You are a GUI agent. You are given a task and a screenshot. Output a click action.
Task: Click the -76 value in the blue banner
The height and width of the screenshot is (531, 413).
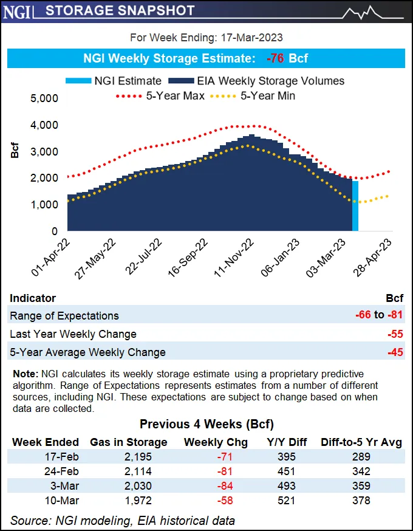276,59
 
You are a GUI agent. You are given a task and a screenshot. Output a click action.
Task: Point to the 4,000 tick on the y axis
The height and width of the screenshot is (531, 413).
44,125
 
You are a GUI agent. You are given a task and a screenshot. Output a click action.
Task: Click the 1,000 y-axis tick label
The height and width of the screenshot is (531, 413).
44,205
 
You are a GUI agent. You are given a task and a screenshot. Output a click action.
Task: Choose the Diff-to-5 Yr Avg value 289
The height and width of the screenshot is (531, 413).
361,457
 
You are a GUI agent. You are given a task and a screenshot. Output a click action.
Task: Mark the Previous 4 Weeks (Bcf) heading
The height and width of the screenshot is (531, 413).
206,424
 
